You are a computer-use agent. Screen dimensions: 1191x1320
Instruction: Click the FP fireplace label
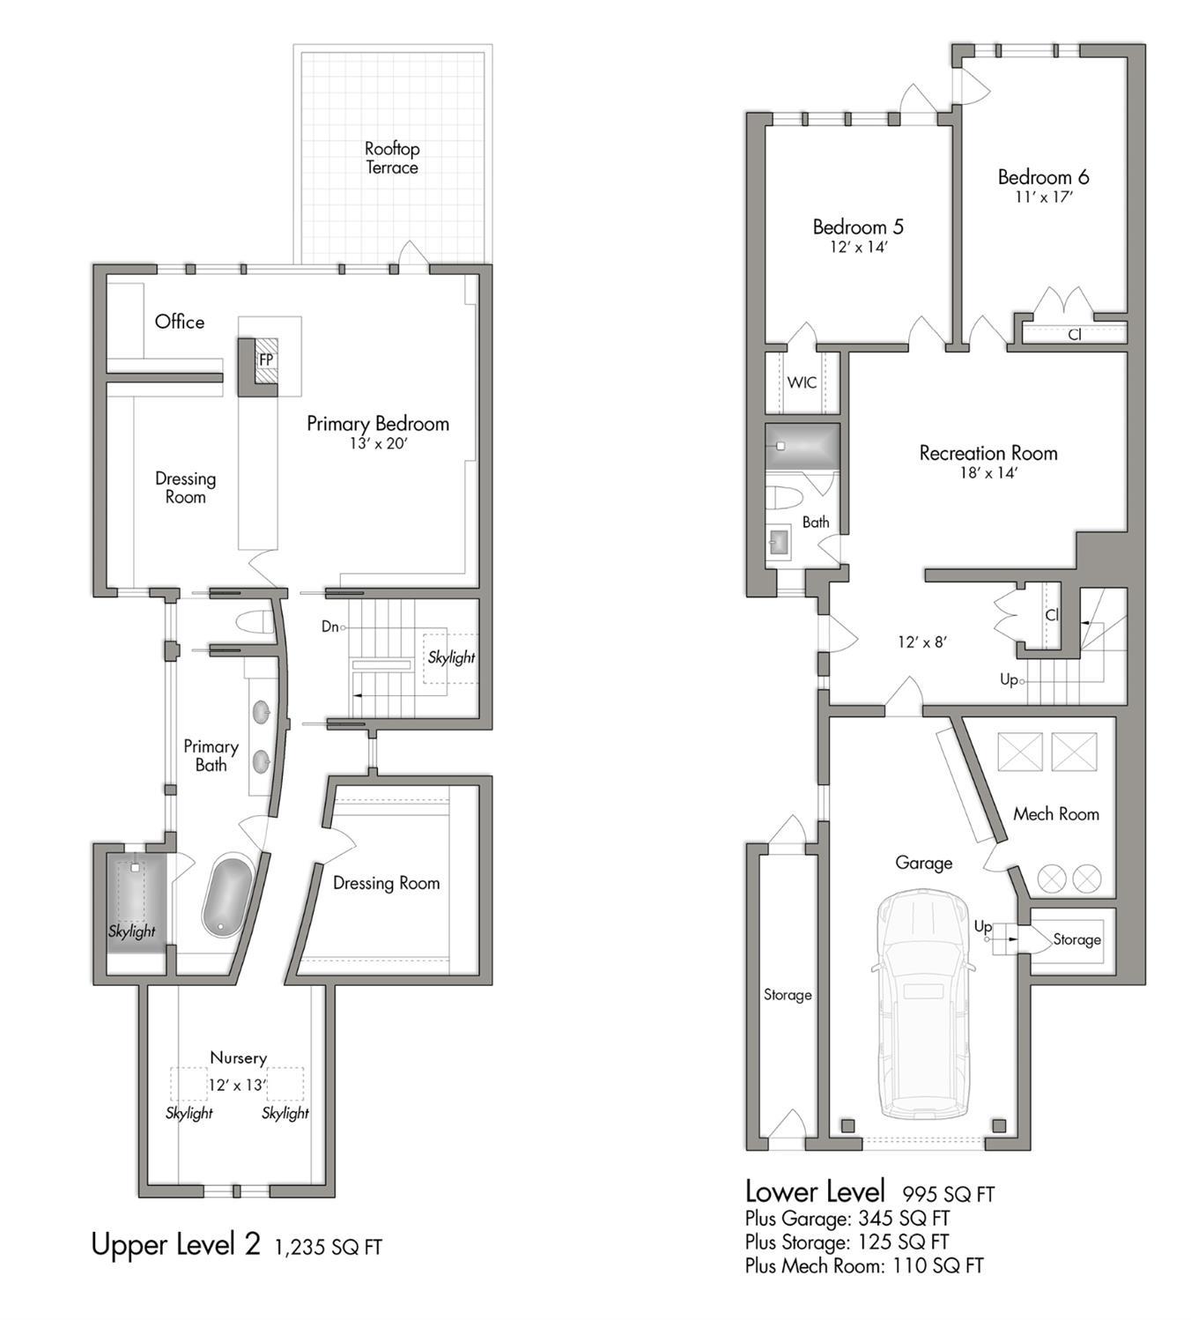coord(266,360)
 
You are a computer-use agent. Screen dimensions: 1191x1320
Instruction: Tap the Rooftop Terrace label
coord(392,158)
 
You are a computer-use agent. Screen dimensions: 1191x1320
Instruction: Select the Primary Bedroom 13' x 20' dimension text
coord(379,443)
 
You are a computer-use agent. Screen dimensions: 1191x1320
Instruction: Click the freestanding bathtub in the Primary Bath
coord(227,895)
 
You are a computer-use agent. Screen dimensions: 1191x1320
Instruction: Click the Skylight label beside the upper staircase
coord(451,656)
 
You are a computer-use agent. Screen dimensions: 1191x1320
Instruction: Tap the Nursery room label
coord(238,1058)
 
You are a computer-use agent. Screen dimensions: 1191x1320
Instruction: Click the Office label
coord(180,322)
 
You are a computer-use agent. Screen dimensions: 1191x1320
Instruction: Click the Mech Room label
coord(1056,814)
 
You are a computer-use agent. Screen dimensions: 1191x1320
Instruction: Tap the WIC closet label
coord(803,382)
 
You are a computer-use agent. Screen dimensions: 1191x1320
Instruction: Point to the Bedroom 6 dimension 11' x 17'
coord(1044,197)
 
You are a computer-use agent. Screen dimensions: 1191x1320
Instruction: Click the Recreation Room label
coord(988,453)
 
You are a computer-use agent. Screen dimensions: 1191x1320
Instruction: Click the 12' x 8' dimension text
coord(922,641)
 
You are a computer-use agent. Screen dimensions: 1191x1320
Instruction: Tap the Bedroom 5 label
coord(858,227)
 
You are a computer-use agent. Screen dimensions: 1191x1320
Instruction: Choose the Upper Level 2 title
coord(175,1244)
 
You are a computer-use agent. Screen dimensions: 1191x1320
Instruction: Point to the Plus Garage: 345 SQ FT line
coord(847,1219)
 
